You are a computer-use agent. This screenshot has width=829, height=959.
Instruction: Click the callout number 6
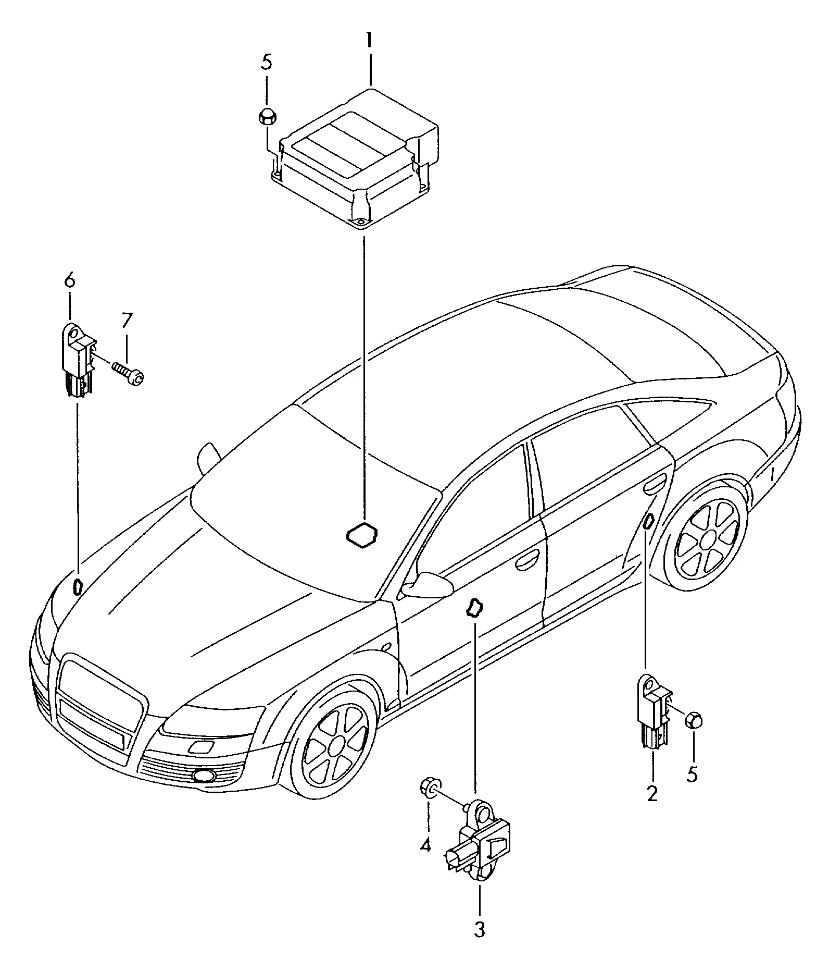coord(70,281)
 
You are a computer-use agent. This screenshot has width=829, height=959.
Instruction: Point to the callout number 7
coord(128,321)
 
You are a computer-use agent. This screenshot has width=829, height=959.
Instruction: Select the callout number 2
coord(652,794)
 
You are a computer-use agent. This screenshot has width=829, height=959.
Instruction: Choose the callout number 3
coord(479,930)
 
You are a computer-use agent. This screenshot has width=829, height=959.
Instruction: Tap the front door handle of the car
coord(527,561)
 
